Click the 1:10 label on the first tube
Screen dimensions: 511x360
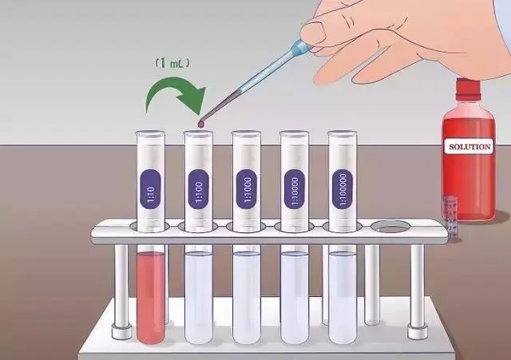[150, 189]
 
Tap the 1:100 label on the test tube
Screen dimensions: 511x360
[199, 189]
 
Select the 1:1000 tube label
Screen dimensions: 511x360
[247, 189]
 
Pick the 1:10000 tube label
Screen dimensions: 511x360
[295, 189]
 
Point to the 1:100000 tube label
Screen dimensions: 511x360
[343, 189]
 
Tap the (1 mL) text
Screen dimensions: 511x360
[172, 63]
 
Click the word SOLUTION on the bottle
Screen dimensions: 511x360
[469, 147]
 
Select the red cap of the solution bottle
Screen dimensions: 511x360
[468, 89]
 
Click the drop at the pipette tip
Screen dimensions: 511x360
[200, 124]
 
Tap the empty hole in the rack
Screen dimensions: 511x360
[390, 227]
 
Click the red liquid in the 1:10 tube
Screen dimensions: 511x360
[151, 297]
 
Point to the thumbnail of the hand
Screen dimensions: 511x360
[314, 32]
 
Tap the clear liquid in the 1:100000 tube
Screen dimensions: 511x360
[343, 297]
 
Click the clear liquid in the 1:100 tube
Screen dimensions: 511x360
[199, 297]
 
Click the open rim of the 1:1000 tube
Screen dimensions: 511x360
[247, 133]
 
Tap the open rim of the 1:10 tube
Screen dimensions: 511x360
[150, 133]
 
